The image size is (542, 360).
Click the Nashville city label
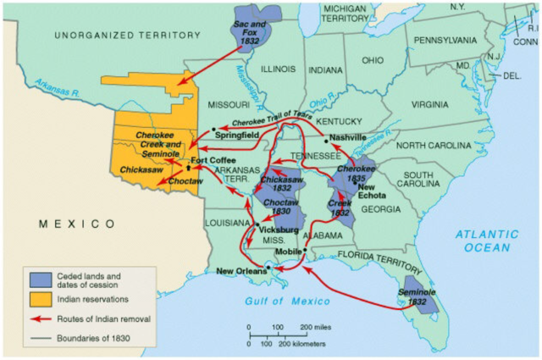[348, 137]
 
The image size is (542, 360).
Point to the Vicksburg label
[279, 230]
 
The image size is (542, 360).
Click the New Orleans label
[241, 271]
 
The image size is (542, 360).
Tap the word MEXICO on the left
[76, 223]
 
